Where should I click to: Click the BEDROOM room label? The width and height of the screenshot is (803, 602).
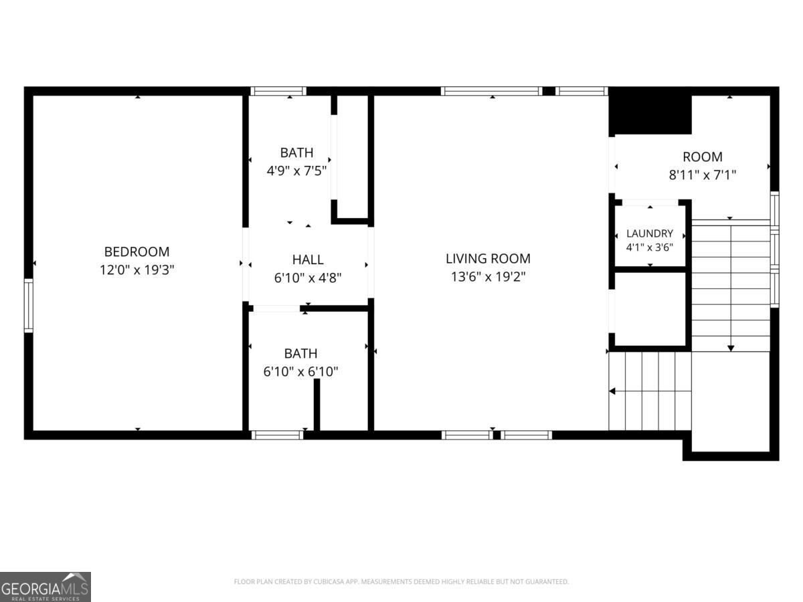pos(137,252)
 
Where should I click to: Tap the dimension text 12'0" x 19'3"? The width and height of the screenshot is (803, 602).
pos(137,270)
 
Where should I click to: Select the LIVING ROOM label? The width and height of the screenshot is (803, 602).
pos(488,258)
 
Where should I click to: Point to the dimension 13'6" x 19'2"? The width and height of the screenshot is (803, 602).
pos(488,277)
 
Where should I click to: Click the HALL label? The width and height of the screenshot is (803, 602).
pos(308,260)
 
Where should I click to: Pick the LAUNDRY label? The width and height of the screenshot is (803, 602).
pos(650,233)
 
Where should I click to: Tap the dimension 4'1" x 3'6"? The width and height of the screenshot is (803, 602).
pos(650,247)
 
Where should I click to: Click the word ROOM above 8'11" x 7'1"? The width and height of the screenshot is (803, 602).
pos(703,157)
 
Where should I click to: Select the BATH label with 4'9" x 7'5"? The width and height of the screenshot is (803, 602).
pos(296,153)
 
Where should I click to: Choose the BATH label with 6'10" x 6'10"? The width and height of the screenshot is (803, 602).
pos(300,353)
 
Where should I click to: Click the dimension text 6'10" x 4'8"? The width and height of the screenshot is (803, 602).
pos(308,278)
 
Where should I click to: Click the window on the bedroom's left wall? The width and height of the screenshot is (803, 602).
pos(29,306)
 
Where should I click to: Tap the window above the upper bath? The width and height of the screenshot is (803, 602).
pos(278,91)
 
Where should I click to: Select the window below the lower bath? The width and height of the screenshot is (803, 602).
pos(278,435)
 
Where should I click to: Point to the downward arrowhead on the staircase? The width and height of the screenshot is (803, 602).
pos(731,348)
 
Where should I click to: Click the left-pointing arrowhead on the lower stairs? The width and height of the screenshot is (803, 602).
pos(612,391)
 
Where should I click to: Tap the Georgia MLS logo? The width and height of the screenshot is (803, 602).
pos(46,587)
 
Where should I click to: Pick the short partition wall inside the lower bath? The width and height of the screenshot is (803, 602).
pos(317,405)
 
